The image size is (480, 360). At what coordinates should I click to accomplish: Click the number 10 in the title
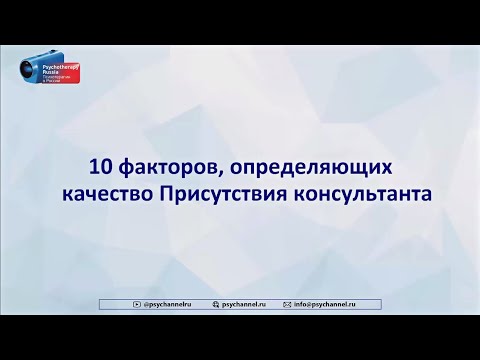[100, 165]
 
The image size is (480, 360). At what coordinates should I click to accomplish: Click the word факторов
[157, 166]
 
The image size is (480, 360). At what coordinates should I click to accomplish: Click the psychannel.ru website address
[246, 301]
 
